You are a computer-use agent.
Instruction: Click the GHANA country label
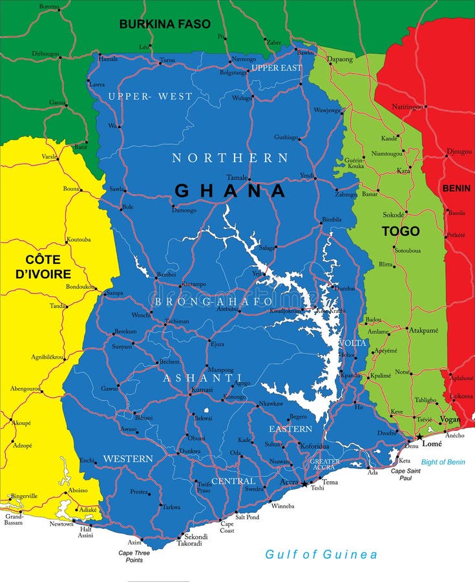tap(230, 191)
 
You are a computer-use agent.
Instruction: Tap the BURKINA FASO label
tap(165, 24)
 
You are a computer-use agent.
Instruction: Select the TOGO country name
tap(401, 231)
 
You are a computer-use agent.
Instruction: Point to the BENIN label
tap(456, 188)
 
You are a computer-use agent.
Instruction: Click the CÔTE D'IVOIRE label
tap(43, 266)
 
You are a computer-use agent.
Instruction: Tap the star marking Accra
tap(304, 484)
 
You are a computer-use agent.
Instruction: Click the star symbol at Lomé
tap(419, 438)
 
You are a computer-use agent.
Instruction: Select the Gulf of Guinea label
tap(321, 554)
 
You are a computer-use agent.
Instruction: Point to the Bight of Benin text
tap(443, 462)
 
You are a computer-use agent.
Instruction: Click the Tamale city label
tap(237, 177)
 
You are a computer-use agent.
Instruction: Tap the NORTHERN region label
tap(230, 158)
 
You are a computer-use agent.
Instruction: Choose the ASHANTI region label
tap(202, 378)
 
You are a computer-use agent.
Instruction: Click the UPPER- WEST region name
tap(150, 96)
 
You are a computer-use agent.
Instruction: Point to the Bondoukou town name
tap(80, 286)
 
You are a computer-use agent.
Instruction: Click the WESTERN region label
tap(128, 458)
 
